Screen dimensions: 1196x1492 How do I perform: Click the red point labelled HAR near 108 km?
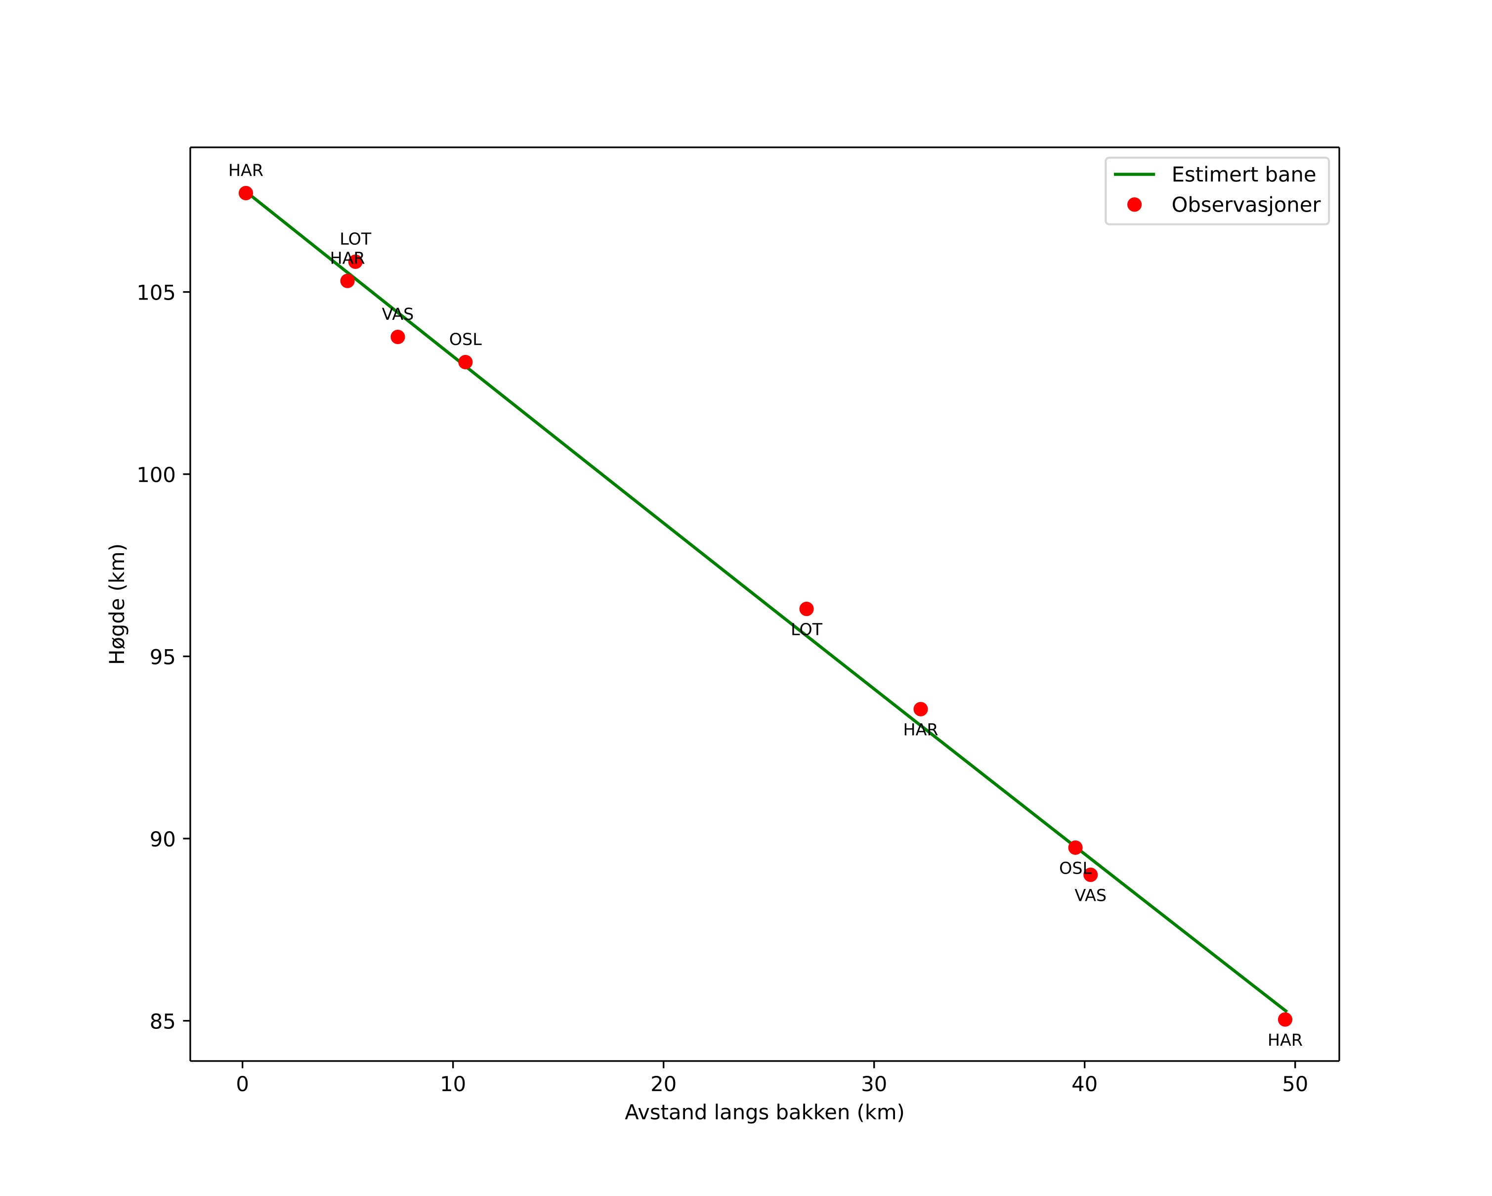click(246, 193)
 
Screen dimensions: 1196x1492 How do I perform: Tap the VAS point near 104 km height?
click(398, 337)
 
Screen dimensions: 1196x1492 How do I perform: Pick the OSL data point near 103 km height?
click(466, 362)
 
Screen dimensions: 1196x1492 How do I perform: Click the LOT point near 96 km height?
click(806, 609)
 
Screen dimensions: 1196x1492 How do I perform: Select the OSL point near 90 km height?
click(1075, 848)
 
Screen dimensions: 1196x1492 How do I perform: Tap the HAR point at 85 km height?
click(1285, 1019)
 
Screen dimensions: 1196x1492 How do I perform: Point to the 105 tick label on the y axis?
click(156, 293)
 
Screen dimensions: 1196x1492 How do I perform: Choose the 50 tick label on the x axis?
click(1295, 1085)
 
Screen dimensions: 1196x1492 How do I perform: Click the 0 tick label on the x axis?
click(242, 1085)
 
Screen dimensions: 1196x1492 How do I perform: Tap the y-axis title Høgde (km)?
click(118, 604)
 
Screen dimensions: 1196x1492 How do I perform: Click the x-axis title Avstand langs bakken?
click(764, 1113)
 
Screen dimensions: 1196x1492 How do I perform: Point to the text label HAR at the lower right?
click(1285, 1040)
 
